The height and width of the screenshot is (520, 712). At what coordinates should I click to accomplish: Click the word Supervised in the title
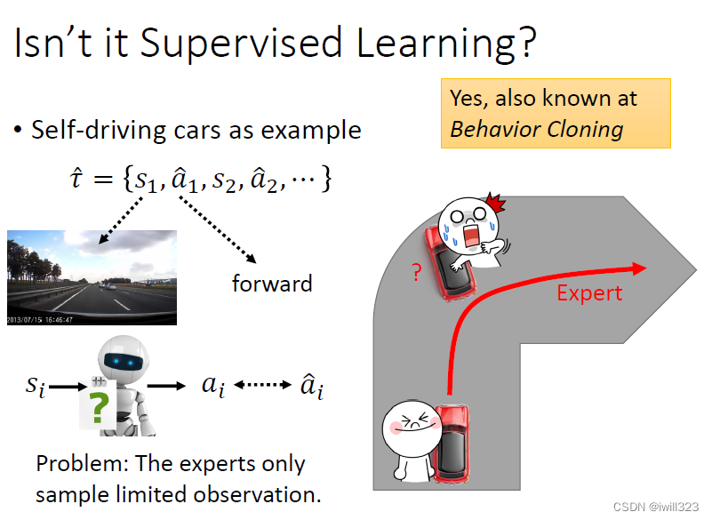(x=241, y=44)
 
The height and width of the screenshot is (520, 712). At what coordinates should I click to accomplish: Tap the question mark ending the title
(x=526, y=43)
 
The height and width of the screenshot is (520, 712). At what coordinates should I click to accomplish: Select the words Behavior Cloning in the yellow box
(x=536, y=130)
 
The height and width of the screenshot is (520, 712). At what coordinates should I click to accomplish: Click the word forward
(x=272, y=284)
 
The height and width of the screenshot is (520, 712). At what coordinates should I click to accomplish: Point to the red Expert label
(x=589, y=293)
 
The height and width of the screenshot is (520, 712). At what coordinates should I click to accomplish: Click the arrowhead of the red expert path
(x=638, y=268)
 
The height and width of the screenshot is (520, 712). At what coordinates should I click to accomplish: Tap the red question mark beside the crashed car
(x=417, y=272)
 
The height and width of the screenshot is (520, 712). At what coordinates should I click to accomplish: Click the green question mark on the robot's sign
(x=100, y=407)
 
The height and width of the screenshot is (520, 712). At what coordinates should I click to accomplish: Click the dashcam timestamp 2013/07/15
(x=24, y=320)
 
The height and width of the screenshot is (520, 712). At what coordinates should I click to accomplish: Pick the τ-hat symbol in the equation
(x=76, y=178)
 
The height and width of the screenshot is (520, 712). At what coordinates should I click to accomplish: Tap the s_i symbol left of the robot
(x=36, y=387)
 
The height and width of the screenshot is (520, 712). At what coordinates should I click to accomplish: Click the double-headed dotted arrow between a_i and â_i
(x=262, y=385)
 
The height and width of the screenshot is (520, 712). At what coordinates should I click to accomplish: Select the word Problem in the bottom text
(x=83, y=464)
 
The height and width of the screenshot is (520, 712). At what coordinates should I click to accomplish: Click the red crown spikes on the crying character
(x=495, y=203)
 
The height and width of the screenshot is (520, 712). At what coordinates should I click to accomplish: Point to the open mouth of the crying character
(x=471, y=236)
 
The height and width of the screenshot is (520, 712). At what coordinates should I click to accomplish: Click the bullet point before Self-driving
(x=18, y=131)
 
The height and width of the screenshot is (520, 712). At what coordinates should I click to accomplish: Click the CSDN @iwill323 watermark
(x=656, y=507)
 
